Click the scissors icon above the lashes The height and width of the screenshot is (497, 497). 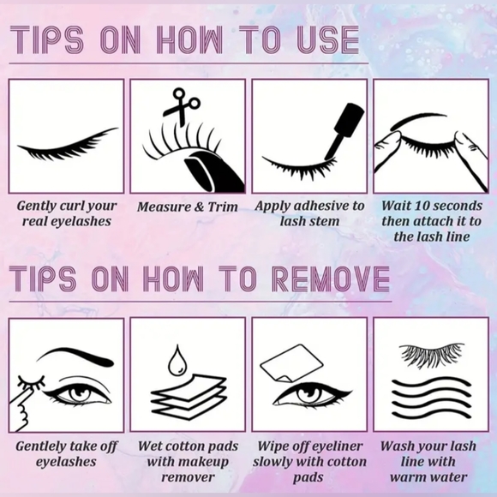pyautogui.click(x=181, y=106)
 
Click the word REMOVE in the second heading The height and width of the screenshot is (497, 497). pyautogui.click(x=330, y=278)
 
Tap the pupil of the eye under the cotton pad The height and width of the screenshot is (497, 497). pyautogui.click(x=306, y=393)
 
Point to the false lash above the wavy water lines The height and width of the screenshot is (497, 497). pyautogui.click(x=431, y=354)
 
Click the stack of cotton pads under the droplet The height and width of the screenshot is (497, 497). pyautogui.click(x=189, y=397)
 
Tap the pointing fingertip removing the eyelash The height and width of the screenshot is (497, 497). pyautogui.click(x=31, y=394)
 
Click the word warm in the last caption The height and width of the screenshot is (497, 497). pyautogui.click(x=406, y=477)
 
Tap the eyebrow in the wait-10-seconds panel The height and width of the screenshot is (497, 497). pyautogui.click(x=418, y=120)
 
